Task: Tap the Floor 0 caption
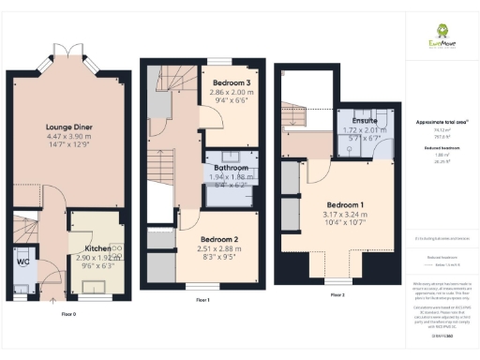[x=68, y=312]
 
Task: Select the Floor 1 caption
[x=201, y=300]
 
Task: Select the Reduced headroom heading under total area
[x=440, y=147]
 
